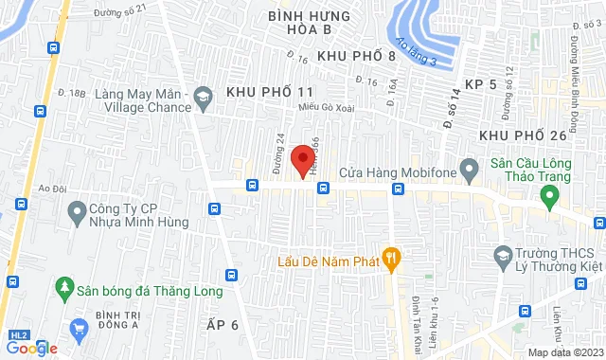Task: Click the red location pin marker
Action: [303, 160]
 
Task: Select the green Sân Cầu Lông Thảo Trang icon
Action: [548, 197]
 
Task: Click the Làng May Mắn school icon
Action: [202, 96]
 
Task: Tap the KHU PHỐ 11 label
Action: [269, 92]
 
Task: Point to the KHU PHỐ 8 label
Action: [356, 57]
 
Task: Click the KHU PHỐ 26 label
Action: [522, 135]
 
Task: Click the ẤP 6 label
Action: [223, 324]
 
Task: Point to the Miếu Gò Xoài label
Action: [327, 107]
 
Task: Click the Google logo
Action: [31, 348]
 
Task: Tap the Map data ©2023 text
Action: [564, 352]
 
